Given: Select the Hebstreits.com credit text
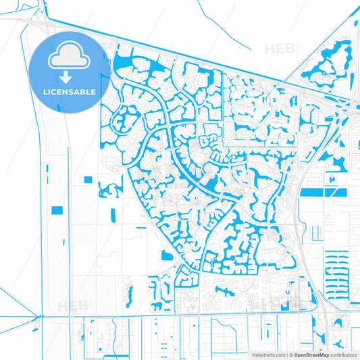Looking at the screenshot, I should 267,354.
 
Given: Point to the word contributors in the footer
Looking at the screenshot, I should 343,354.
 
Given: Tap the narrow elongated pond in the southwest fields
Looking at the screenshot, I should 126,290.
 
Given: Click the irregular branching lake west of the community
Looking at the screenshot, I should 106,188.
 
